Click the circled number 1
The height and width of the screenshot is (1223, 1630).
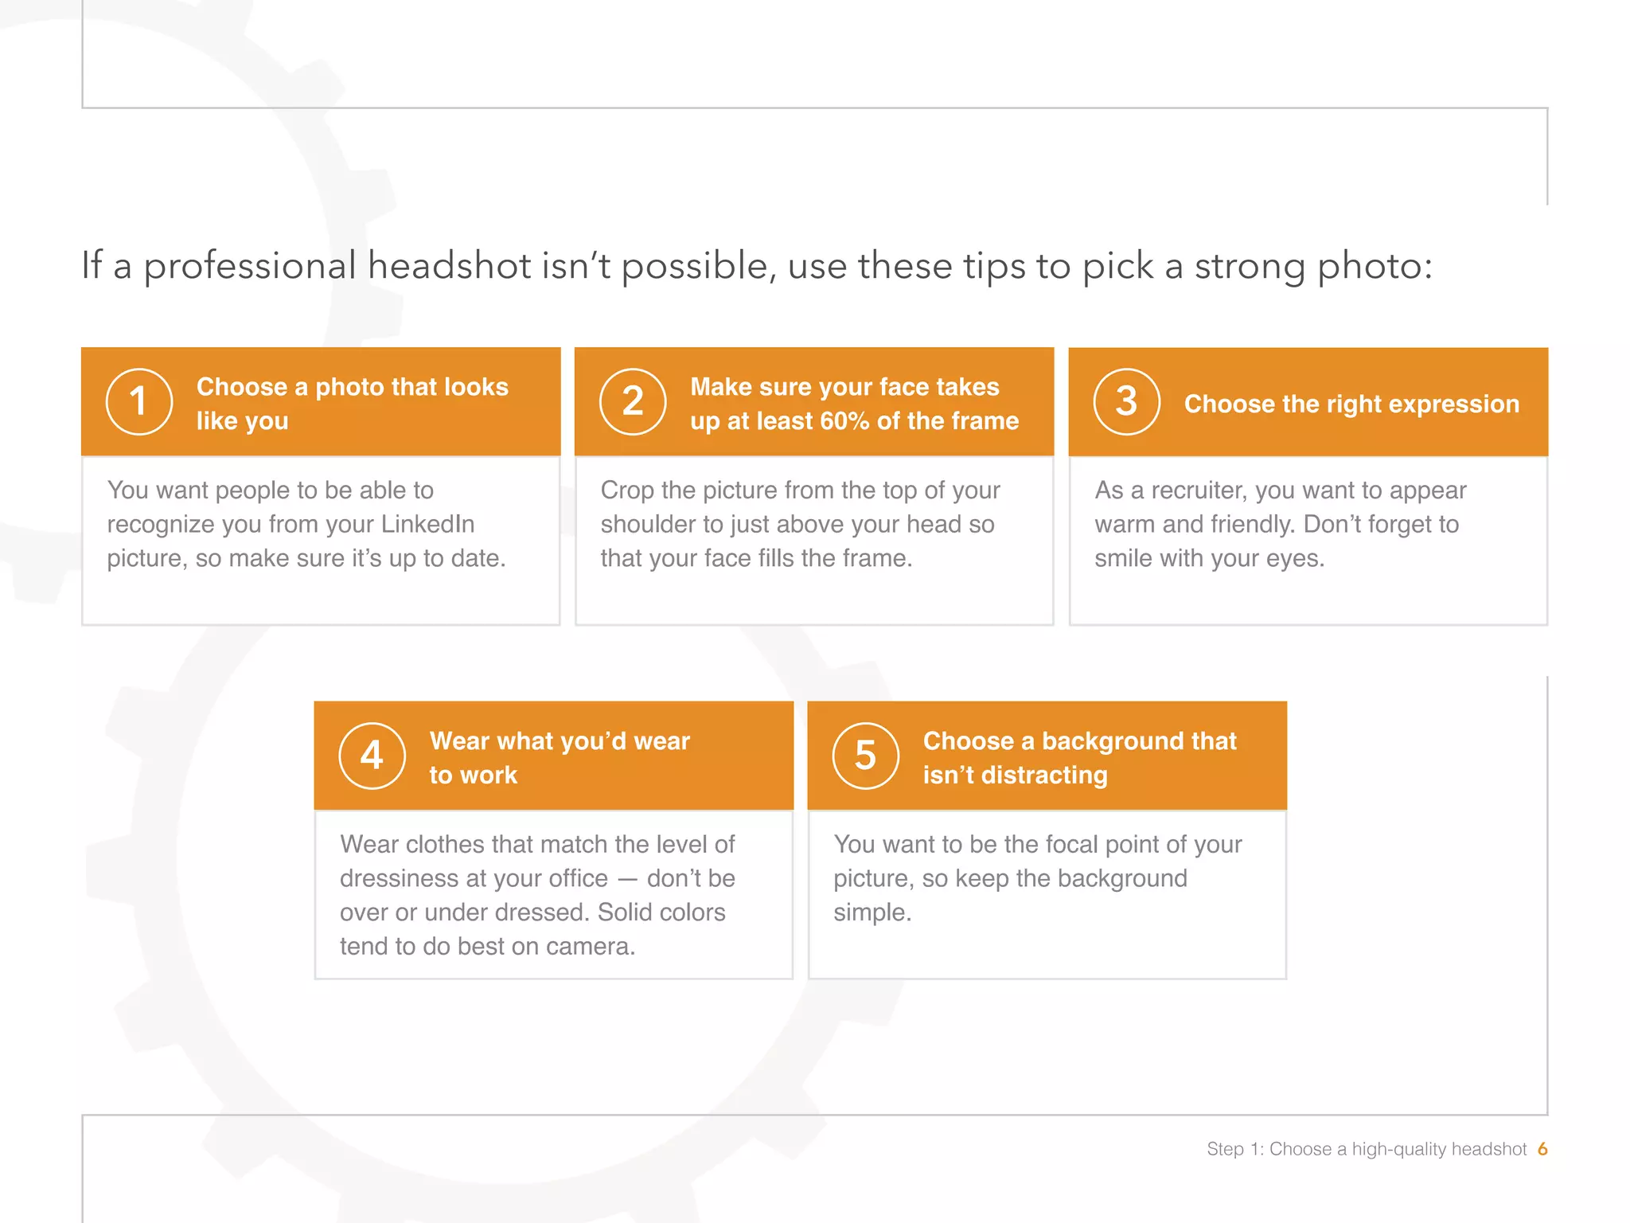pos(139,401)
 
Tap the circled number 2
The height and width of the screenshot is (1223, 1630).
pos(633,401)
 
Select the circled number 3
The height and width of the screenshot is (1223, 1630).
pos(1126,401)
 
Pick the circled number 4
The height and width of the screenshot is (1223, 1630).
pos(372,756)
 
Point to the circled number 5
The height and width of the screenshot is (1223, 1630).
pos(865,756)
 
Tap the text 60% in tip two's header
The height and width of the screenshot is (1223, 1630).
pos(844,421)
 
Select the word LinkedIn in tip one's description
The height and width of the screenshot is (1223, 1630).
pos(427,525)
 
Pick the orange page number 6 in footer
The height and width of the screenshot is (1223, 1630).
pos(1542,1149)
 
